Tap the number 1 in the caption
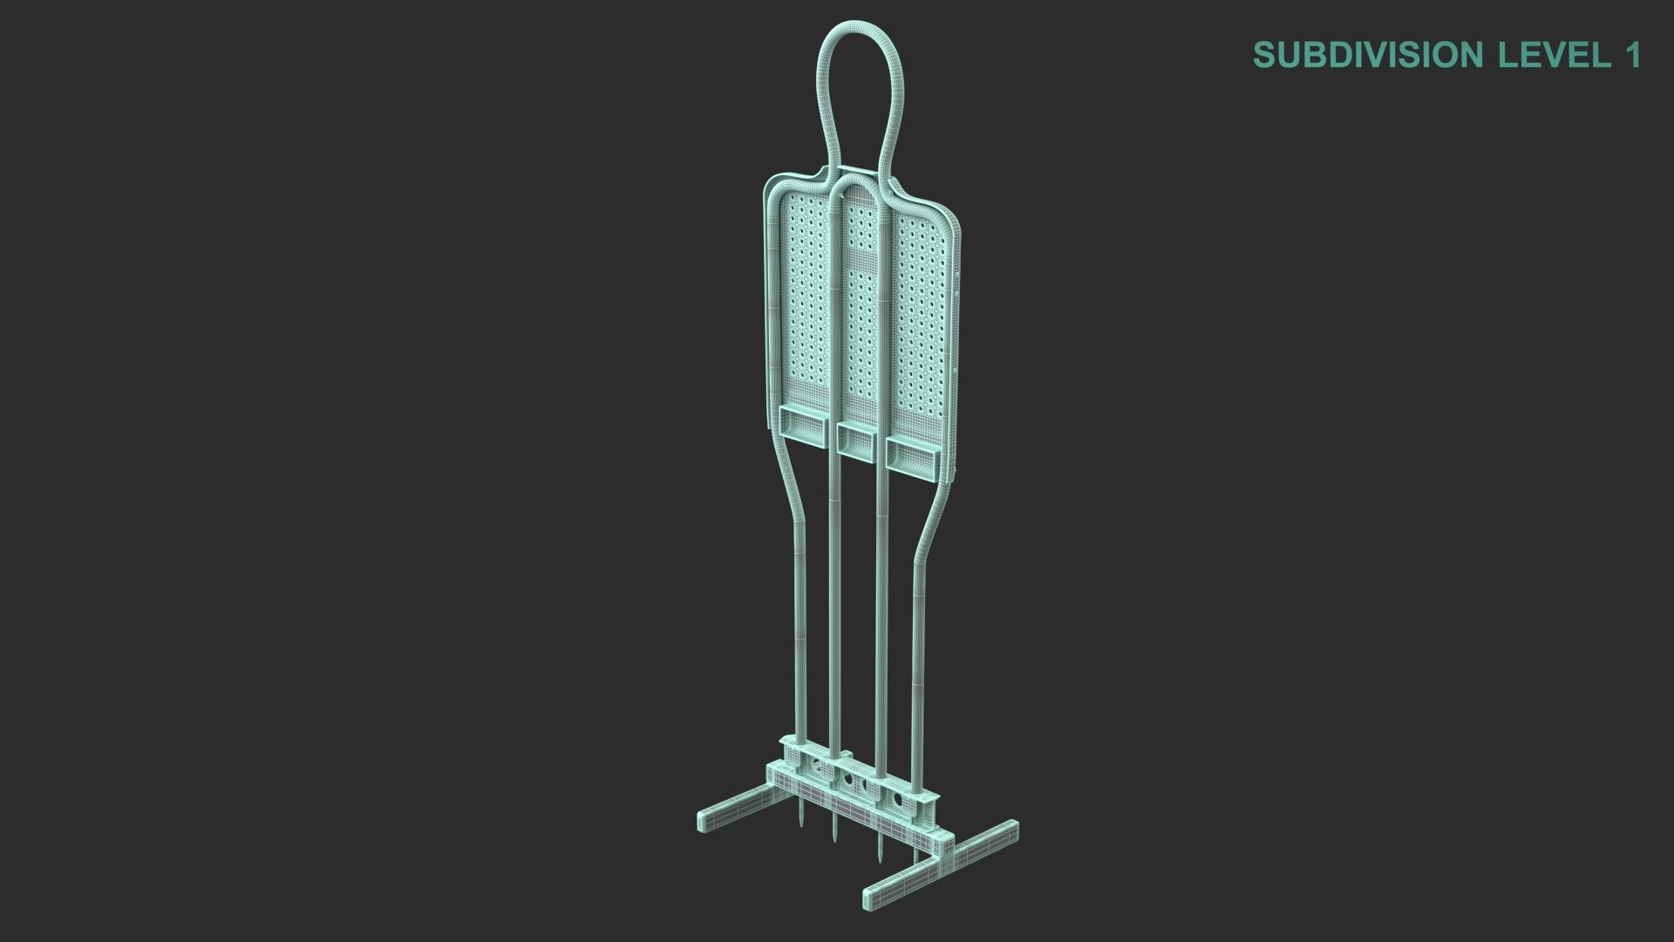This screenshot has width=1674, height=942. pos(1631,55)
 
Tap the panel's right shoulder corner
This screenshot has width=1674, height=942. pos(955,225)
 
